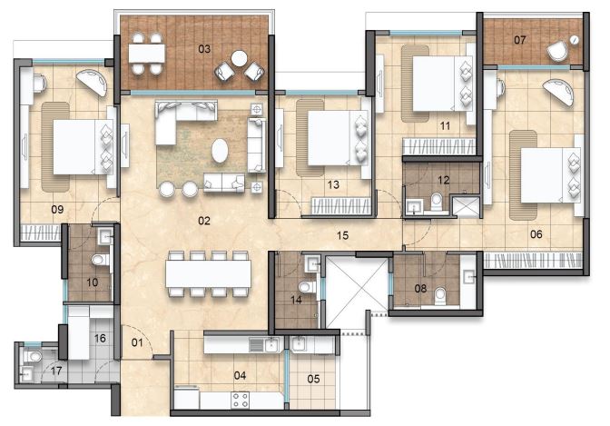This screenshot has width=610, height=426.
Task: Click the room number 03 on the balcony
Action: point(204,49)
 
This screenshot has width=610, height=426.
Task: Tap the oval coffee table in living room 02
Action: point(221,150)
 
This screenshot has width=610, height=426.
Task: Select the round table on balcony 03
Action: point(240,59)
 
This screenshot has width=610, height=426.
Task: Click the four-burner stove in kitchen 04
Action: point(240,400)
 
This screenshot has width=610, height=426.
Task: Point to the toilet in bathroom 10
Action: point(101,260)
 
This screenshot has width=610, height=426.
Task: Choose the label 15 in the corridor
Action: point(343,235)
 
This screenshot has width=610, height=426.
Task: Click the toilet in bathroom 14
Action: point(308,287)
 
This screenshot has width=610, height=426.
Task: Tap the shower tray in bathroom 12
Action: point(467,206)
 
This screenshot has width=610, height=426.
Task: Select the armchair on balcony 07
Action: point(557,51)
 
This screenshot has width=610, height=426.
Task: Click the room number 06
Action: point(536,234)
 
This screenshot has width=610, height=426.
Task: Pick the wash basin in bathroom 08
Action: point(469,277)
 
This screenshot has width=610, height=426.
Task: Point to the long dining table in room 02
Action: point(208,273)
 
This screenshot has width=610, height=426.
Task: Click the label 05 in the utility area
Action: point(313,379)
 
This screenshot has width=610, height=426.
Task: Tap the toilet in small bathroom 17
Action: point(33,356)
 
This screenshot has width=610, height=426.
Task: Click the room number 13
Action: point(333,184)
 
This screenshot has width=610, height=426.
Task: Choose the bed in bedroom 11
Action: point(442,84)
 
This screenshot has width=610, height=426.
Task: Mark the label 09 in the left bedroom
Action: point(57,210)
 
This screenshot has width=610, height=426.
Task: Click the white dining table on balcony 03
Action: point(147,54)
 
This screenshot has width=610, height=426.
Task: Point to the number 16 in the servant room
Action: point(100,339)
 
